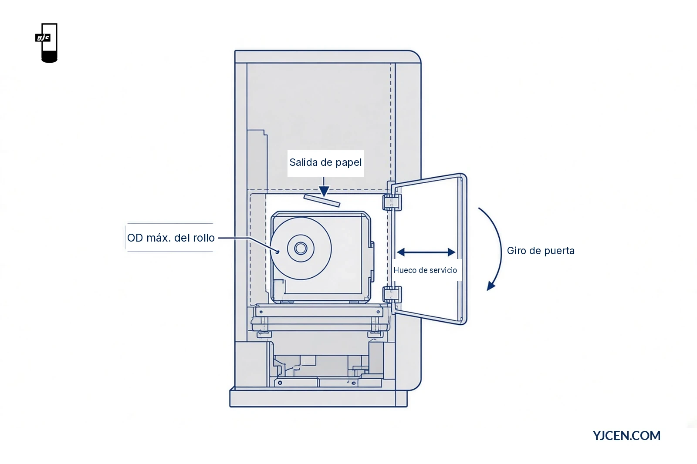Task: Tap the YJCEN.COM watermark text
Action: [626, 436]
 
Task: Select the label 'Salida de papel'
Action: [325, 162]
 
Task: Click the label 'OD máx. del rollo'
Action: [171, 238]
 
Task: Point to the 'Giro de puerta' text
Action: [541, 251]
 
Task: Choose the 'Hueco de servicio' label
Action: [425, 270]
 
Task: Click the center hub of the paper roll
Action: [301, 248]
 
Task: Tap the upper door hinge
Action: [392, 202]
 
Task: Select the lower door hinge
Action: [392, 294]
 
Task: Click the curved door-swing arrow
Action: [501, 249]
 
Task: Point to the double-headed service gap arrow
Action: [426, 252]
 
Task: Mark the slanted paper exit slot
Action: [322, 200]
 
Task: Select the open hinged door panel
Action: [429, 249]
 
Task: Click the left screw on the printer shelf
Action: [261, 312]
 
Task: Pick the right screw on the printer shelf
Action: [378, 312]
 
